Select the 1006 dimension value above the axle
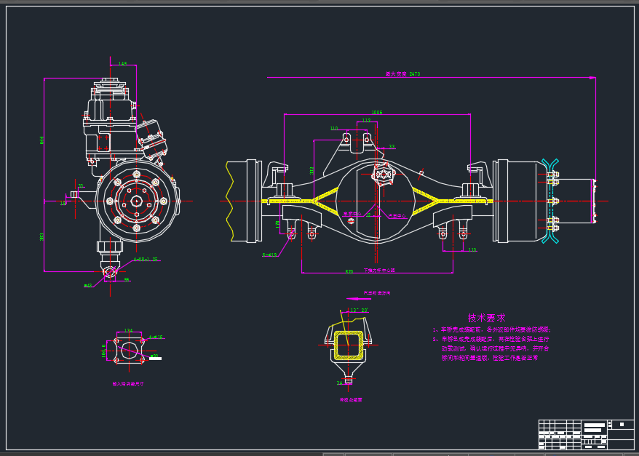(x=376, y=113)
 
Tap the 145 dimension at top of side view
(x=122, y=64)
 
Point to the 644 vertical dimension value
(x=42, y=140)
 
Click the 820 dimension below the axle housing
(x=349, y=271)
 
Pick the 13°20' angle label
(x=359, y=311)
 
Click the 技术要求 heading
(x=486, y=318)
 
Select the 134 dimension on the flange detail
(x=128, y=331)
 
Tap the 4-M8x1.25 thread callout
(x=146, y=259)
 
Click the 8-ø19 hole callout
(x=269, y=255)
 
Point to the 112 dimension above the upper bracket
(x=366, y=121)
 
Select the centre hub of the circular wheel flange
(x=136, y=201)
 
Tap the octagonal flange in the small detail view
(x=129, y=351)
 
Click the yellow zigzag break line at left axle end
(x=229, y=201)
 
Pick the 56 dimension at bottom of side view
(x=127, y=279)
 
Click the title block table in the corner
(x=585, y=434)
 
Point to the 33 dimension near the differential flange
(x=392, y=147)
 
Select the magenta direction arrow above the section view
(x=358, y=299)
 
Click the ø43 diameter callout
(x=88, y=285)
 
